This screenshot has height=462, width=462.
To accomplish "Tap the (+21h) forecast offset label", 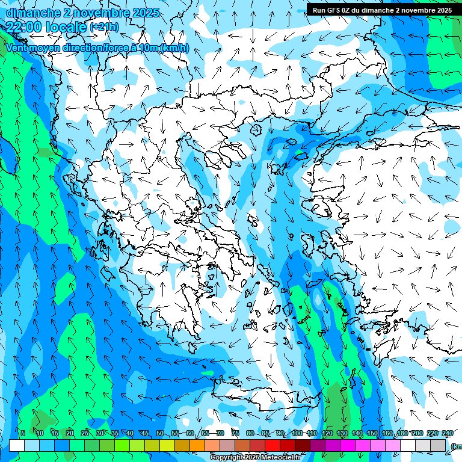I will point(104,27).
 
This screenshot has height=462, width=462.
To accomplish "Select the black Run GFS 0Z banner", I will point(382,10).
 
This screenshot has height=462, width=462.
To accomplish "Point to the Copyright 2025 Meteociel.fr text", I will point(255,458).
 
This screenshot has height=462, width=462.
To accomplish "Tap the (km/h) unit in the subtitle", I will point(174,48).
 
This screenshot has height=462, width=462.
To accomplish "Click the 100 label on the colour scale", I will point(297,434).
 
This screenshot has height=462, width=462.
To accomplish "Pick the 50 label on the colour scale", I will point(159,434).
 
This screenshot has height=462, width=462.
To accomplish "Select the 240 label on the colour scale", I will point(447,434).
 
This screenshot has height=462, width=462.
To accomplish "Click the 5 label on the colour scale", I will point(23,434).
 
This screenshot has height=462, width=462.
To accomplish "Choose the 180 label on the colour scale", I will point(402,434).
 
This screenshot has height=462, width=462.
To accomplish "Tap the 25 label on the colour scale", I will point(84,434).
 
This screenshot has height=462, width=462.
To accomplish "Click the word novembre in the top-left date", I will point(96,13).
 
